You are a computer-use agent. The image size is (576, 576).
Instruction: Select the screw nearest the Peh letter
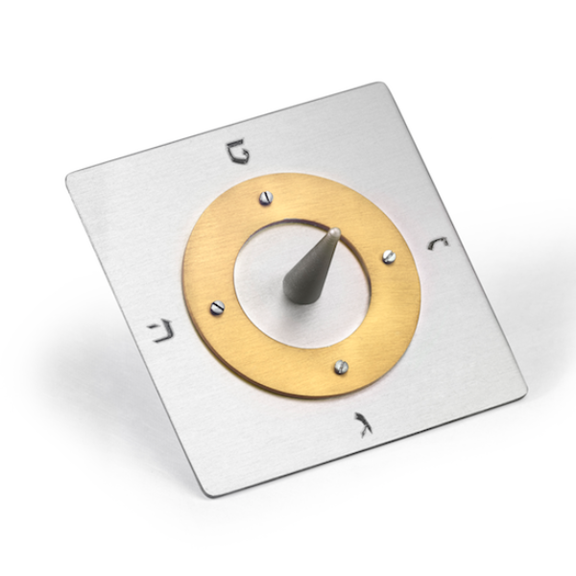[x=266, y=198]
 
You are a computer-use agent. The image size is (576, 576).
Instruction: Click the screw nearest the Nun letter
[x=389, y=256]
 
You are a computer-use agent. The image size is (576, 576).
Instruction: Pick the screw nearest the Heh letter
[x=217, y=307]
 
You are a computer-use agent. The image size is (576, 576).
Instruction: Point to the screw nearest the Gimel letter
[x=340, y=366]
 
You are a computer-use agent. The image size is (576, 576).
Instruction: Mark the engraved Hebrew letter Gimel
[x=365, y=423]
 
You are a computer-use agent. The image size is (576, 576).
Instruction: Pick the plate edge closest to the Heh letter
[x=137, y=336]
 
